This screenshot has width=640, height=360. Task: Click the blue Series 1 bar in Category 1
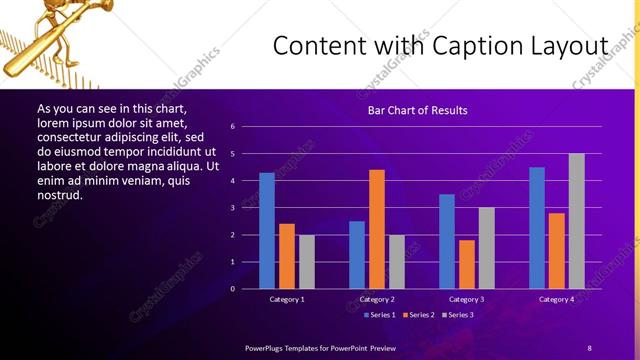click(267, 231)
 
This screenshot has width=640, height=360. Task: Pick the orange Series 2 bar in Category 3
click(467, 264)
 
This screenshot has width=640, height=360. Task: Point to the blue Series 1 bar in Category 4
click(537, 228)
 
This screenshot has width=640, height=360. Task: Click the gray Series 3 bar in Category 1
click(307, 262)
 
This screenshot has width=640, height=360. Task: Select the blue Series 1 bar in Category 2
click(357, 255)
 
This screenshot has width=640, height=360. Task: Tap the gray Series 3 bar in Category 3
click(487, 248)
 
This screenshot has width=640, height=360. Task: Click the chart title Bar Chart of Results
click(417, 110)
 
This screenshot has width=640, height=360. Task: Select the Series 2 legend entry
click(417, 315)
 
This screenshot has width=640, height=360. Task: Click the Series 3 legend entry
click(457, 315)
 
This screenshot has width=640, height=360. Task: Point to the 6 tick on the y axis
click(232, 127)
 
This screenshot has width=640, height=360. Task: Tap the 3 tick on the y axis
click(232, 208)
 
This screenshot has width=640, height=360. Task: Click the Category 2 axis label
click(377, 299)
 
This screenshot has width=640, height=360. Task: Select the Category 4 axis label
click(557, 299)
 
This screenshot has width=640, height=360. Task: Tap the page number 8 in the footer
click(589, 347)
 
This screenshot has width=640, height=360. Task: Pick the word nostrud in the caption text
click(59, 196)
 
